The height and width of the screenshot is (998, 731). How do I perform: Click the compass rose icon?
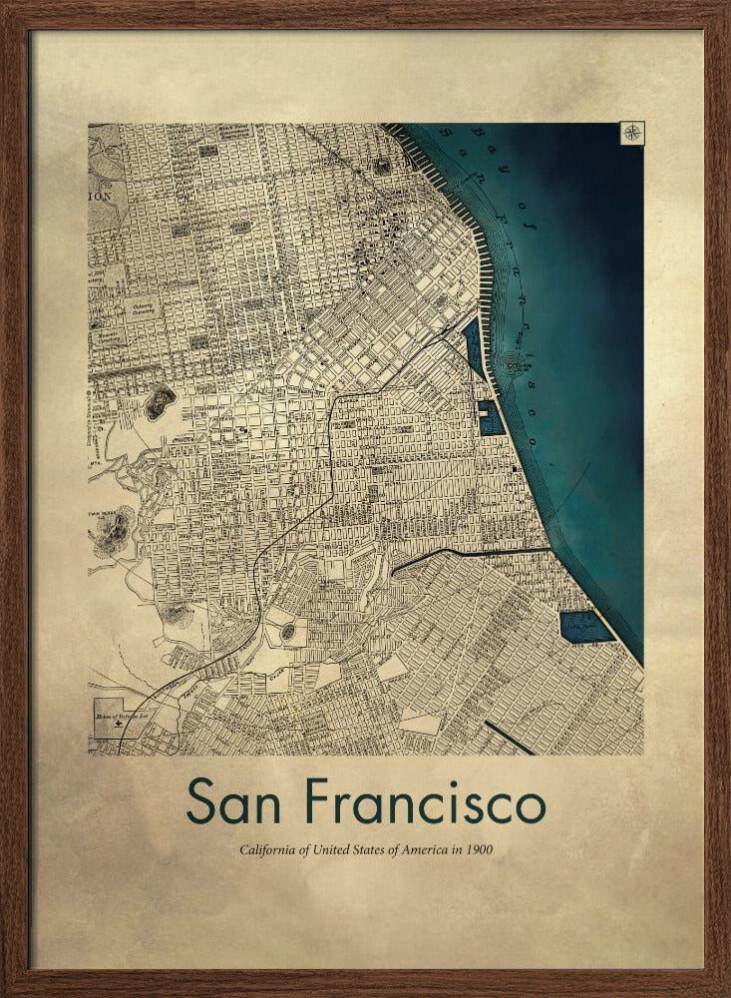632,133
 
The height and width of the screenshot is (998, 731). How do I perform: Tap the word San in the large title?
243,801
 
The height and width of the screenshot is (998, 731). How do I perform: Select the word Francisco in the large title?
426,801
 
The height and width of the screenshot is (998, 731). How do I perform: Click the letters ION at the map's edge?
101,197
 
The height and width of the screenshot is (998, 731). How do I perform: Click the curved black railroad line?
329,469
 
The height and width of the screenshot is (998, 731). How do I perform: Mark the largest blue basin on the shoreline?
585,627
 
